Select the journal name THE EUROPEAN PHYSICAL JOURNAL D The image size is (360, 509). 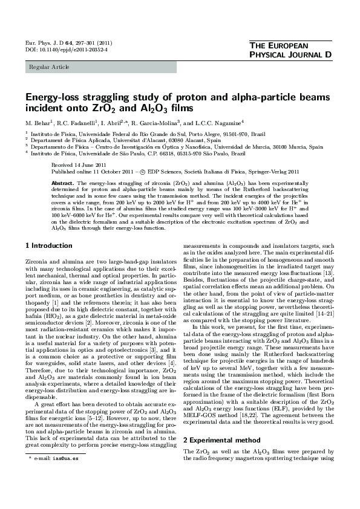click(290, 51)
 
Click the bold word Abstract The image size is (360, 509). click(62, 183)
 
